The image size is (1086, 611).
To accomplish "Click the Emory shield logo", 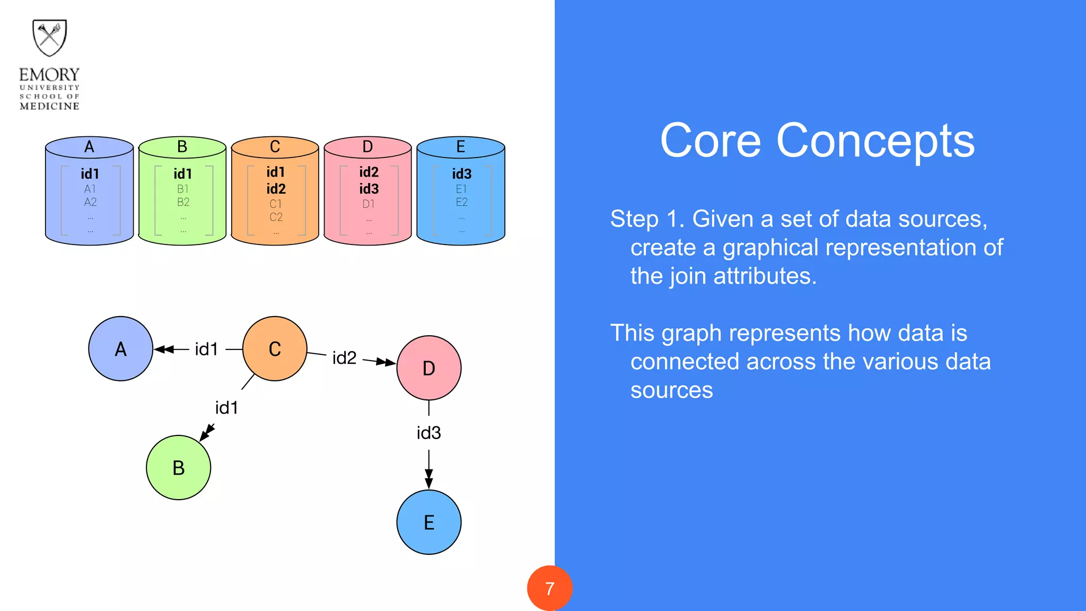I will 49,38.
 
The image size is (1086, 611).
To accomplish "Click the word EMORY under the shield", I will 49,75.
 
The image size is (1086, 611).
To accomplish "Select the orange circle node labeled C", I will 275,349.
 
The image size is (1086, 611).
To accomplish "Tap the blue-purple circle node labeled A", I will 121,349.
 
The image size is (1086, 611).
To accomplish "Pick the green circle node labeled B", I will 179,468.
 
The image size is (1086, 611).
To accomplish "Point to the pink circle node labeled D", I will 429,368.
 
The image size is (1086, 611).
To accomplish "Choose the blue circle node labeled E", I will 429,522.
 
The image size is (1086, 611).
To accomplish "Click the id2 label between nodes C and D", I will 344,358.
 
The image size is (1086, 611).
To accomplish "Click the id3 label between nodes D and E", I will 428,433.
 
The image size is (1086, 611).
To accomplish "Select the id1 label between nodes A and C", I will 206,350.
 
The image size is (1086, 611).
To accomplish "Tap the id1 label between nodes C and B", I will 226,408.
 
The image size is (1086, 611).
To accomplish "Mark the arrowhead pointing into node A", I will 161,350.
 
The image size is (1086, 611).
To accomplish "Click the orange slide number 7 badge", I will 549,588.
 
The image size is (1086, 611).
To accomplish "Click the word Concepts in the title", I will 875,141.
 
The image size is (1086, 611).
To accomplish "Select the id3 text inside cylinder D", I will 369,189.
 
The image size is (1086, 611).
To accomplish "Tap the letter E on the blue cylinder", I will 460,147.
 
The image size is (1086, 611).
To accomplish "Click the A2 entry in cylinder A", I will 90,202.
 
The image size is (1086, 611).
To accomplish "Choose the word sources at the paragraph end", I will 671,390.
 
